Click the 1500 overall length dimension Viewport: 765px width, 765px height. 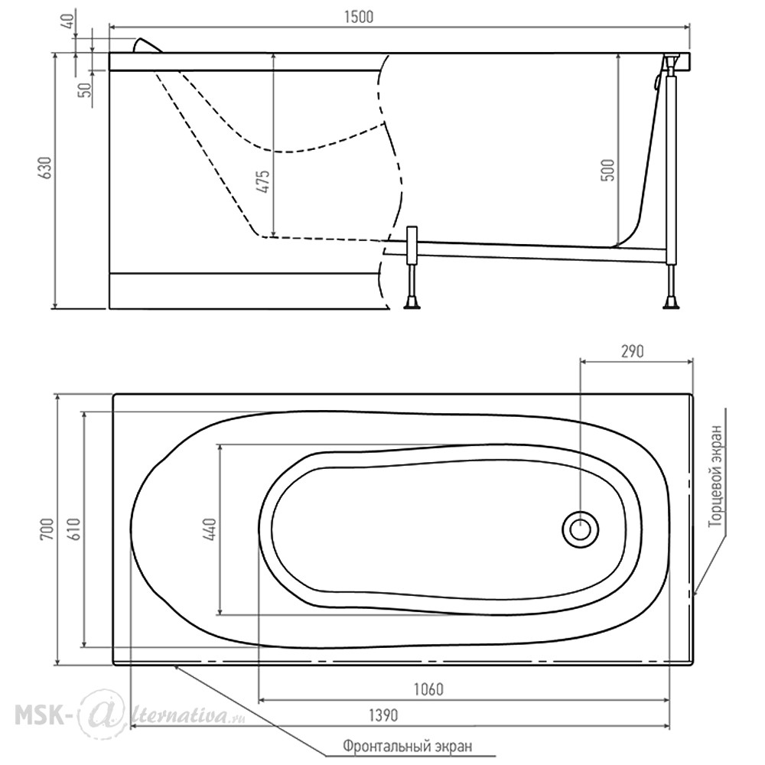359,17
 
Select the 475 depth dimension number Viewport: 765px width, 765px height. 262,181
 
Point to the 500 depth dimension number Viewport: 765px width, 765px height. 608,171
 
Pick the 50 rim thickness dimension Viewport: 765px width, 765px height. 86,90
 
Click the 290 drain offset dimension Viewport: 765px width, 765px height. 633,351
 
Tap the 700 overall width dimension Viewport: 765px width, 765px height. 47,529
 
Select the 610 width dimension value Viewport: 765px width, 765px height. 74,529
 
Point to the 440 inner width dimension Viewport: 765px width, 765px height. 211,529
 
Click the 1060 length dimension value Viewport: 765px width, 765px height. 428,689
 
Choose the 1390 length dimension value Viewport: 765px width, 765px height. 383,715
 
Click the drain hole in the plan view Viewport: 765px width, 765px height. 580,529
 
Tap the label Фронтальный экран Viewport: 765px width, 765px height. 408,746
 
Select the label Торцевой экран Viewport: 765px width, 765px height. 715,475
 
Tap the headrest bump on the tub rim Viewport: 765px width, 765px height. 148,45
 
